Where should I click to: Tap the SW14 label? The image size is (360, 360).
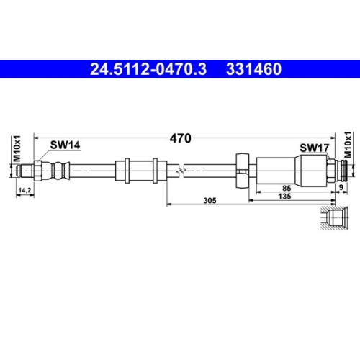[65, 145]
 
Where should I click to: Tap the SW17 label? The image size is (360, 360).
[315, 147]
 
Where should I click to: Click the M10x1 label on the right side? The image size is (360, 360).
[348, 148]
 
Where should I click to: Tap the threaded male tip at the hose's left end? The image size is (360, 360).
[27, 171]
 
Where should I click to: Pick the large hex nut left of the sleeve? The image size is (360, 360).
[243, 171]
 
